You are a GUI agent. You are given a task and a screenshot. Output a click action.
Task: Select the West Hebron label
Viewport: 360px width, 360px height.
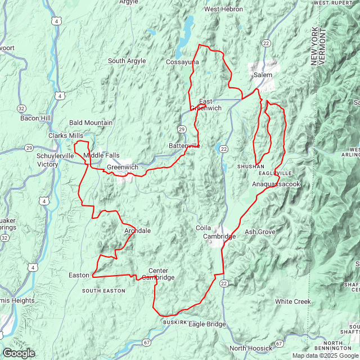pos(223,10)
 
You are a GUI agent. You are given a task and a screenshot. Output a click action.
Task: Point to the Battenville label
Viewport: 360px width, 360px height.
pos(184,146)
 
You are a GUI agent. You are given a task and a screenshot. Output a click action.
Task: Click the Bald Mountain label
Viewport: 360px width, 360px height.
pos(91,123)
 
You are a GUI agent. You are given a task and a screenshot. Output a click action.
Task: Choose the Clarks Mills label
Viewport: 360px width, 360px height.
pos(66,136)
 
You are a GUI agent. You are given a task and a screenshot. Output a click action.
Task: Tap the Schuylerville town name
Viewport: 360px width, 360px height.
pos(55,156)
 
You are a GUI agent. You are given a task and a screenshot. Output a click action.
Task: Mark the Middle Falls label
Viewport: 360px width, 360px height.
pos(102,155)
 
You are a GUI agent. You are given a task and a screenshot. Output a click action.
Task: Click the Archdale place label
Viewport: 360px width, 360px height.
pos(137,231)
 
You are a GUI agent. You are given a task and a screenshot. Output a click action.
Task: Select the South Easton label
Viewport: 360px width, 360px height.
pos(103,291)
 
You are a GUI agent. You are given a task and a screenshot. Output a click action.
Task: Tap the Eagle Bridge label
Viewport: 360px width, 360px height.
pos(207,324)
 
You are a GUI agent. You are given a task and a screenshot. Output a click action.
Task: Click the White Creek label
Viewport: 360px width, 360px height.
pos(292,302)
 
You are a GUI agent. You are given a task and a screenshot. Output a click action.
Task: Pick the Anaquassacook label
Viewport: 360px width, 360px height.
pos(276,184)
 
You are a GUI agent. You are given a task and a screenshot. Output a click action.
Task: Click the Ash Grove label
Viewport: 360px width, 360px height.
pos(260,232)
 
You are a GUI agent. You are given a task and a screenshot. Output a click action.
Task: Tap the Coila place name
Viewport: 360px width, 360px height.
pos(203,228)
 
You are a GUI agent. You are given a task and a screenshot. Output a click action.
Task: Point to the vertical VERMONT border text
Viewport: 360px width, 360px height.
pos(322,47)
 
